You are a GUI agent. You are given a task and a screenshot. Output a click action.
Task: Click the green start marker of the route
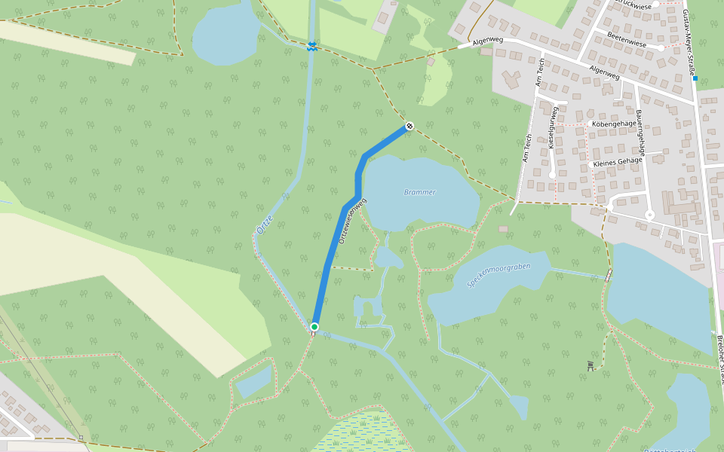coord(314,327)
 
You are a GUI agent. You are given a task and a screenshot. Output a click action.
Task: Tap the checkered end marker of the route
coord(409,126)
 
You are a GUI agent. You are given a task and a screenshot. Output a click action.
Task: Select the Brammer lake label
coord(419,192)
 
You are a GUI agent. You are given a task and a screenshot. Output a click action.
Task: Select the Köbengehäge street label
coord(615,124)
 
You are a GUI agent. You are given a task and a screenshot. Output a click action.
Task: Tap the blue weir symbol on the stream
coord(311,47)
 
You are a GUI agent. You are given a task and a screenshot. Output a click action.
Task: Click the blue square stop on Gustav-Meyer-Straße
coord(695,78)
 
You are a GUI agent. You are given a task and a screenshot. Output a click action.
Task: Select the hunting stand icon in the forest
coord(591,366)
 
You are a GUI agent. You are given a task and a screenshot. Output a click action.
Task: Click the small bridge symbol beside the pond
coord(608,276)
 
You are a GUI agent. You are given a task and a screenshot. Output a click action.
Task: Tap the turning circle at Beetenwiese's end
coord(661,47)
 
